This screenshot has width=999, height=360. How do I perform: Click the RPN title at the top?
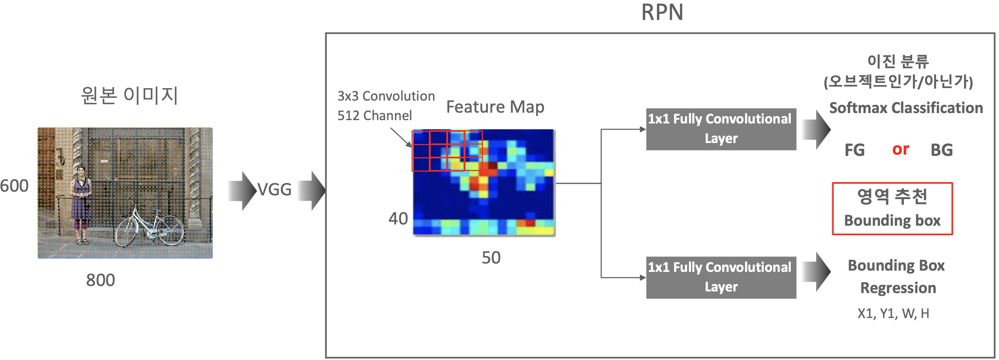pos(662,12)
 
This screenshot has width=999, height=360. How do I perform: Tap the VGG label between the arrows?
pos(274,190)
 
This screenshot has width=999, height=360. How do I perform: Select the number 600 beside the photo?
pos(15,186)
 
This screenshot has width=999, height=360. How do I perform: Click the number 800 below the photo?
pos(101,280)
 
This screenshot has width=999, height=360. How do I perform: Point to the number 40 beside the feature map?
pos(398,219)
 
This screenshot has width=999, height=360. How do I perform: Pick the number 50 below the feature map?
pos(491,258)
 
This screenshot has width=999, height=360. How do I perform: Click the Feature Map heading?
pos(495,107)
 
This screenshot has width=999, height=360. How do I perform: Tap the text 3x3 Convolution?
pos(386,96)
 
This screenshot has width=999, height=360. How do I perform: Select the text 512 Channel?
pos(374,116)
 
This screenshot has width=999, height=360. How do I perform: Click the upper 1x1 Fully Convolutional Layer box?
pos(721,129)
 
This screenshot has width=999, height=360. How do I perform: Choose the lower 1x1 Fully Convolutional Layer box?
pos(721,277)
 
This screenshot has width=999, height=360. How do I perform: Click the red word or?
pos(901,149)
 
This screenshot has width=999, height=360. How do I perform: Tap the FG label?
pos(854,150)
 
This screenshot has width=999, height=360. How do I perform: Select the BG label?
pos(942,150)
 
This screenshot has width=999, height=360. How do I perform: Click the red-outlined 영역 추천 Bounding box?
pos(892,209)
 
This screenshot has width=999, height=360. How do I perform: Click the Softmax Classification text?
pos(906,108)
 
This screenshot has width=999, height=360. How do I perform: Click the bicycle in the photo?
pos(150,227)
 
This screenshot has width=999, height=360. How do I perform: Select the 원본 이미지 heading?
pos(129,95)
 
